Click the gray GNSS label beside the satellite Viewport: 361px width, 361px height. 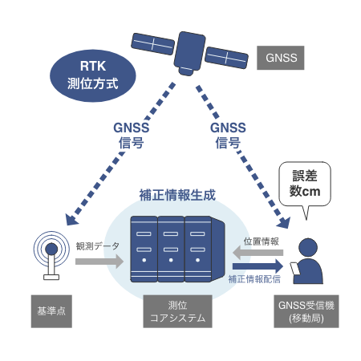(x=281, y=58)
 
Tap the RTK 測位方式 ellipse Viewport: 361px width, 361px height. (x=93, y=75)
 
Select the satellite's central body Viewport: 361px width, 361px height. (x=189, y=53)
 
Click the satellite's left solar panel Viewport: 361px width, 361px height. (x=152, y=44)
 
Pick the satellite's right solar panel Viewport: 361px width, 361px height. (x=226, y=58)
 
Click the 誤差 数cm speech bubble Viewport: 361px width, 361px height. (x=305, y=185)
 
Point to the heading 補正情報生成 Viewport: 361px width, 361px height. (x=177, y=195)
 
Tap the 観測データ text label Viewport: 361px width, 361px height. (x=98, y=246)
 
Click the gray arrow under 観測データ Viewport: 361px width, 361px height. (x=99, y=262)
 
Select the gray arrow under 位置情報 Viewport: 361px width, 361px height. (x=258, y=253)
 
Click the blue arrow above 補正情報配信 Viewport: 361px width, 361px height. (x=258, y=266)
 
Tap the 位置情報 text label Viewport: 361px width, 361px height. (x=262, y=241)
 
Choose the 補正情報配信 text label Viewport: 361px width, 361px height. (x=254, y=279)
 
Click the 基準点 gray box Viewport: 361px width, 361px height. (x=51, y=311)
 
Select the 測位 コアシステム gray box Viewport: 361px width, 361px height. (x=177, y=311)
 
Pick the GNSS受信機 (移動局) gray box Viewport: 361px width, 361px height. (x=306, y=311)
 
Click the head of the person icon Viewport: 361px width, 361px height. (x=308, y=247)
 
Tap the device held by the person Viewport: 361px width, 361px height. (x=295, y=269)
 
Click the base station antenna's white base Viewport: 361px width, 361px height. (x=51, y=278)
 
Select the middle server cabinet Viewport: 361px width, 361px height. (x=171, y=249)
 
